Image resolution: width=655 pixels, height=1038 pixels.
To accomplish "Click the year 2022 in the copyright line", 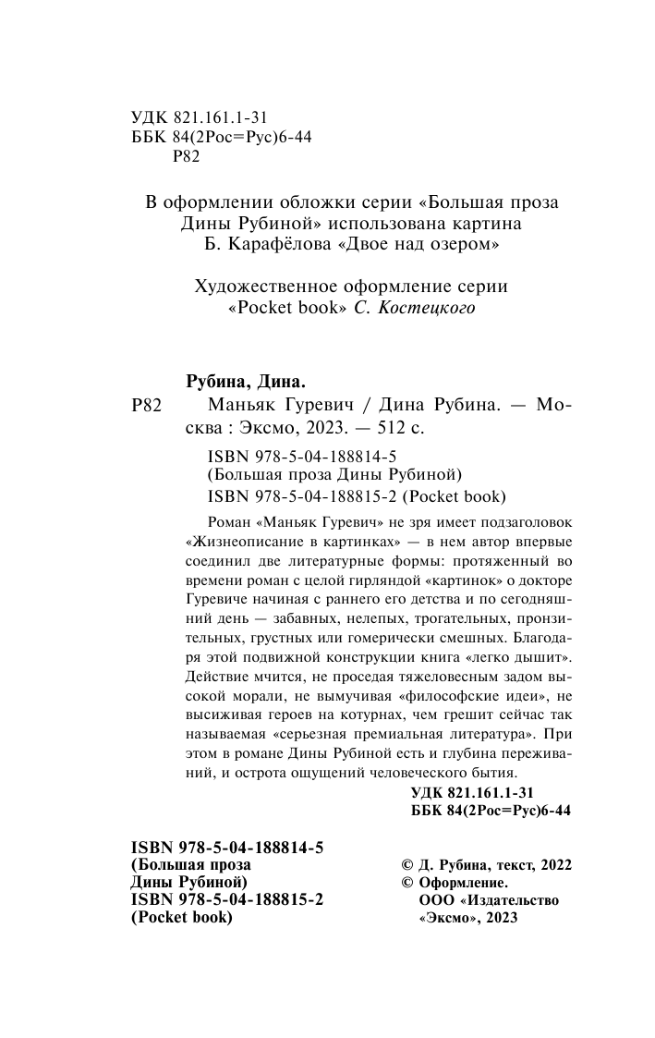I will coord(552,864).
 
